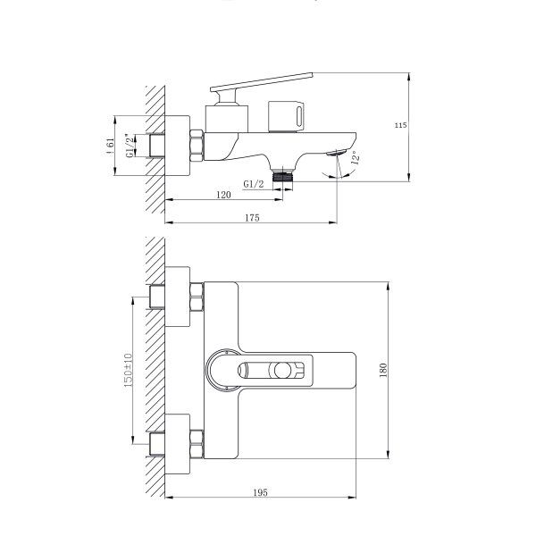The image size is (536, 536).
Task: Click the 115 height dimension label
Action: pos(402,125)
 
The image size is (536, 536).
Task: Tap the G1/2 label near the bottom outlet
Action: pos(253,184)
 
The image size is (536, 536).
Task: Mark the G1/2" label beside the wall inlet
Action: pos(130,146)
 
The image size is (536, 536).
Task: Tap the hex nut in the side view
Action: pos(196,145)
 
